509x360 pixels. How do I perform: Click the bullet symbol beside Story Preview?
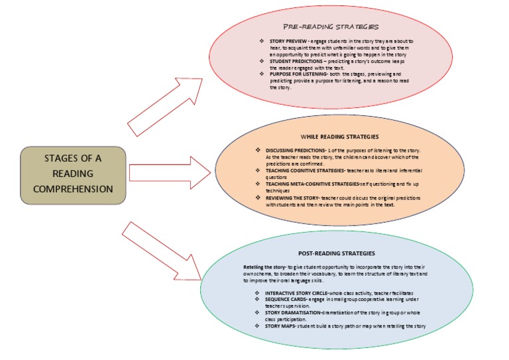(x=262, y=42)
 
